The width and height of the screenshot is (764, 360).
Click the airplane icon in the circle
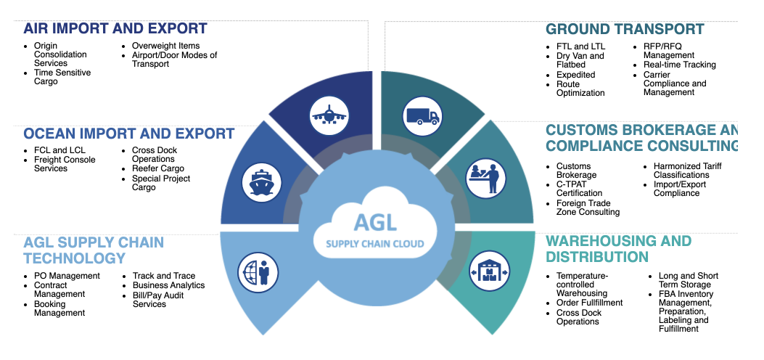[330, 115]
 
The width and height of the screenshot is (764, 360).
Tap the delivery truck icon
[422, 115]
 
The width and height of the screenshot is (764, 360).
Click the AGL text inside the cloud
[375, 221]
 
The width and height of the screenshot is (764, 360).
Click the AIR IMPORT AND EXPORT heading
[115, 29]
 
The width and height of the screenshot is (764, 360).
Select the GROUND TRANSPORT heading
[625, 30]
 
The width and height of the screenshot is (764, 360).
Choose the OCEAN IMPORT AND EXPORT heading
[128, 134]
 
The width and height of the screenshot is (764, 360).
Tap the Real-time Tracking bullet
[679, 65]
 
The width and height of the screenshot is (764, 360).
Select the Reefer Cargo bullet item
[157, 168]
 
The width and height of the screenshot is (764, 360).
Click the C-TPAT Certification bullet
[579, 189]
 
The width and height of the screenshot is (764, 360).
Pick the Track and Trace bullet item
[164, 276]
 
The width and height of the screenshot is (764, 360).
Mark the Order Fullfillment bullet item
[589, 303]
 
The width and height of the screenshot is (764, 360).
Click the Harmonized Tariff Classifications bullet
[687, 170]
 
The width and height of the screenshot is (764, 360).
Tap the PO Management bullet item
[67, 276]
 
